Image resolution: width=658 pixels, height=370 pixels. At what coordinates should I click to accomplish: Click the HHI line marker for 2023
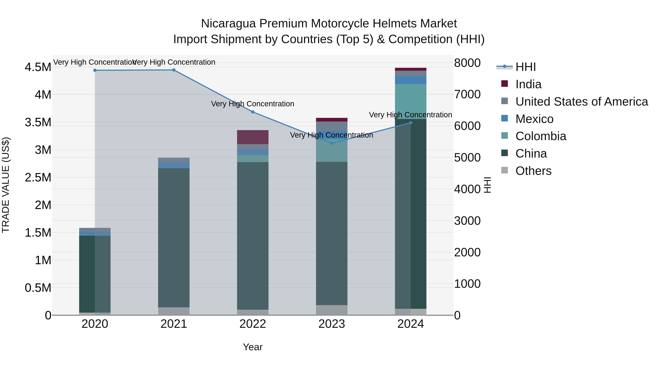point(332,143)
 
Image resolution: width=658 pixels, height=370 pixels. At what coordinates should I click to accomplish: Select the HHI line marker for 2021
point(174,70)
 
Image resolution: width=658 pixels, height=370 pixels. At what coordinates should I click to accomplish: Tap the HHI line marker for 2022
point(253,112)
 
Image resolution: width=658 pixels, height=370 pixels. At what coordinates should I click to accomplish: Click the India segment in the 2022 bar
point(253,137)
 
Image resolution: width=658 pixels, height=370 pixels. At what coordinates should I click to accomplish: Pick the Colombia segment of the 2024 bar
point(411,101)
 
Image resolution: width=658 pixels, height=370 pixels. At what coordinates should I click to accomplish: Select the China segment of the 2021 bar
point(174,238)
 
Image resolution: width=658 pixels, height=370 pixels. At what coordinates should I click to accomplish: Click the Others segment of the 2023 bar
point(332,310)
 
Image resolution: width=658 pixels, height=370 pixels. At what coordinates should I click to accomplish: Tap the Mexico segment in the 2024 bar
point(411,80)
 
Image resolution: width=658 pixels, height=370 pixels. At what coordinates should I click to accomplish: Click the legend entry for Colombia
point(540,136)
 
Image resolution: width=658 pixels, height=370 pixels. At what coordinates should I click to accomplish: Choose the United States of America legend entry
point(581,102)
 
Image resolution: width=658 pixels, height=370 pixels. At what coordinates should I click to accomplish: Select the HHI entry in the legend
point(525,67)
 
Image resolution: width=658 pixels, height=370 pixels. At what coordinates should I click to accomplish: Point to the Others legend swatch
point(504,170)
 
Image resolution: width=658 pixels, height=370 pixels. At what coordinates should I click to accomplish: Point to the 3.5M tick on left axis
point(38,122)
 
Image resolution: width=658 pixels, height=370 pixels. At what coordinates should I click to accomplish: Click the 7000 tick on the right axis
point(467,94)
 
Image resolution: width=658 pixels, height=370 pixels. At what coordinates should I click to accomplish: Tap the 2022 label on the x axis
point(253,324)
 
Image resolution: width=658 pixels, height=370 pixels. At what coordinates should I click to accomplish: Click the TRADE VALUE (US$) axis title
point(6,185)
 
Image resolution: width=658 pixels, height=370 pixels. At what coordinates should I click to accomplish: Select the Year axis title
point(253,347)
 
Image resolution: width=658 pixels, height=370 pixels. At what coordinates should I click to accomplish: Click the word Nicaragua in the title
point(228,24)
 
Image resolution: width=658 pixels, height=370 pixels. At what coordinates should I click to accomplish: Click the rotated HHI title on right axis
point(487,185)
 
